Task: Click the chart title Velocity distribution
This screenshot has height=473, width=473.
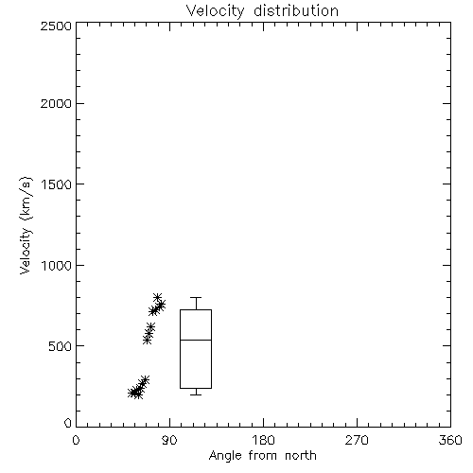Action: tap(262, 10)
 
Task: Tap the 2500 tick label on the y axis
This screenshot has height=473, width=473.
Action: tap(56, 26)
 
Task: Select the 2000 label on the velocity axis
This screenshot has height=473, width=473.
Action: tap(56, 103)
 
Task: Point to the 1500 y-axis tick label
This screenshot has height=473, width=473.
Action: tap(57, 184)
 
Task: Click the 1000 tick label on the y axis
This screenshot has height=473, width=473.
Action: tap(57, 265)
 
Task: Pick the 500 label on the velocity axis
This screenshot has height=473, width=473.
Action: tap(61, 346)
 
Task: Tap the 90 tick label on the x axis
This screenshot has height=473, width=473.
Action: tap(169, 440)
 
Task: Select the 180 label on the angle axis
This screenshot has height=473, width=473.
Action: tap(263, 440)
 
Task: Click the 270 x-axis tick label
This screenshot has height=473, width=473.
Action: tap(357, 440)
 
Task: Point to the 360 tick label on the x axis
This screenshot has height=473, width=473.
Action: tap(450, 440)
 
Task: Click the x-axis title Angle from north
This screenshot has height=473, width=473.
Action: tap(263, 456)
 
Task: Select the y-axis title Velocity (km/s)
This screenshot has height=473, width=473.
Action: tap(26, 225)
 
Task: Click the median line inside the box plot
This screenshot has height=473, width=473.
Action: tap(196, 340)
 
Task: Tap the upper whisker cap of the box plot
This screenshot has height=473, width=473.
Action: tap(196, 297)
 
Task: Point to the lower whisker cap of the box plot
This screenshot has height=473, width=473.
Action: tap(196, 394)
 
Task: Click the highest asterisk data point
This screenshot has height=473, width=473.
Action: tap(157, 297)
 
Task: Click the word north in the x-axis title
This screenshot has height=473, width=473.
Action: tap(301, 456)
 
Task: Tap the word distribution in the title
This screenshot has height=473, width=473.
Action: tap(296, 10)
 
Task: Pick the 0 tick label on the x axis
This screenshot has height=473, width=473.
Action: tap(76, 440)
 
